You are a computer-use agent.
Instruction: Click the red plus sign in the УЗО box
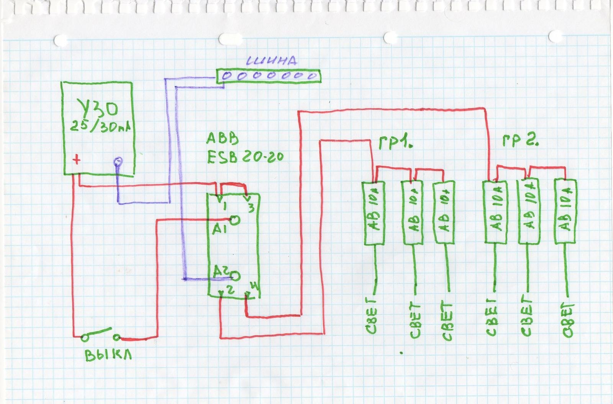(x=77, y=159)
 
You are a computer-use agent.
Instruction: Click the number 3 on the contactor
(x=251, y=209)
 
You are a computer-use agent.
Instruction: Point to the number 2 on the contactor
(x=230, y=290)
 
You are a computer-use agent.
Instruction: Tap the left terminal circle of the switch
(x=84, y=337)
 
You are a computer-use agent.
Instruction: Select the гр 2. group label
(x=520, y=142)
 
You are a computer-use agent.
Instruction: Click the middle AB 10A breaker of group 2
(x=529, y=212)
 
